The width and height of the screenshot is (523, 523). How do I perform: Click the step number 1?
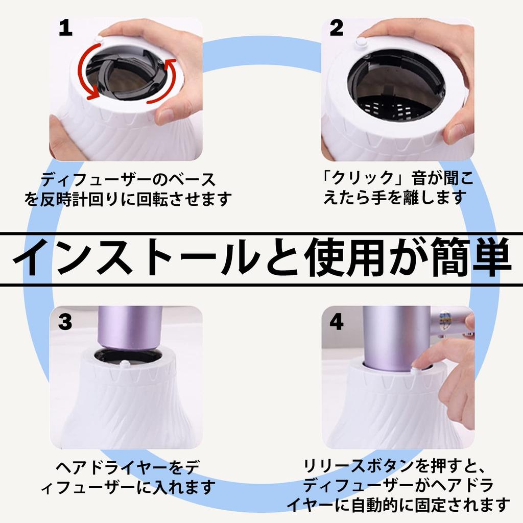66,28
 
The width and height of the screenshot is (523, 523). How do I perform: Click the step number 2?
336,28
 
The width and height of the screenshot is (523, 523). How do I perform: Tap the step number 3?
65,322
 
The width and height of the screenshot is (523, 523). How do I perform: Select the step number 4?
336,322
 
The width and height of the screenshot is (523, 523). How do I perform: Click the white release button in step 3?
125,363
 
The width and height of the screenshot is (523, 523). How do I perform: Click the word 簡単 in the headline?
470,257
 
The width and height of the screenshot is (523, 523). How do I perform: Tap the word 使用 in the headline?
343,257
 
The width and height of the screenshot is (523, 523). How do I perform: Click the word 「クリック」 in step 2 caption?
363,178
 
